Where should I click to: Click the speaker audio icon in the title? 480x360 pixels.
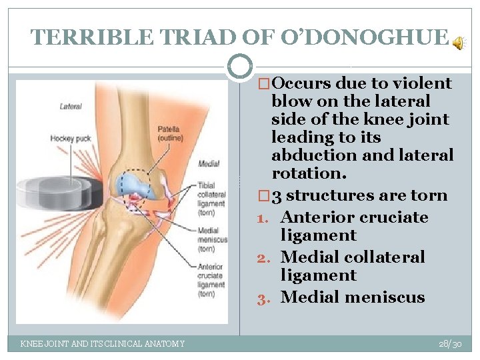[x=459, y=43]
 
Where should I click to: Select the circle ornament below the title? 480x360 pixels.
[x=239, y=67]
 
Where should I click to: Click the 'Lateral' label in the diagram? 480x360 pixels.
[x=70, y=106]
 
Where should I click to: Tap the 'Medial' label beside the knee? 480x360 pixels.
[x=208, y=163]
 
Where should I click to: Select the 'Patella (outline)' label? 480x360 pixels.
[x=169, y=133]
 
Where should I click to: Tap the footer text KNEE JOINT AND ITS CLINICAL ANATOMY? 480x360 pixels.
[x=103, y=343]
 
